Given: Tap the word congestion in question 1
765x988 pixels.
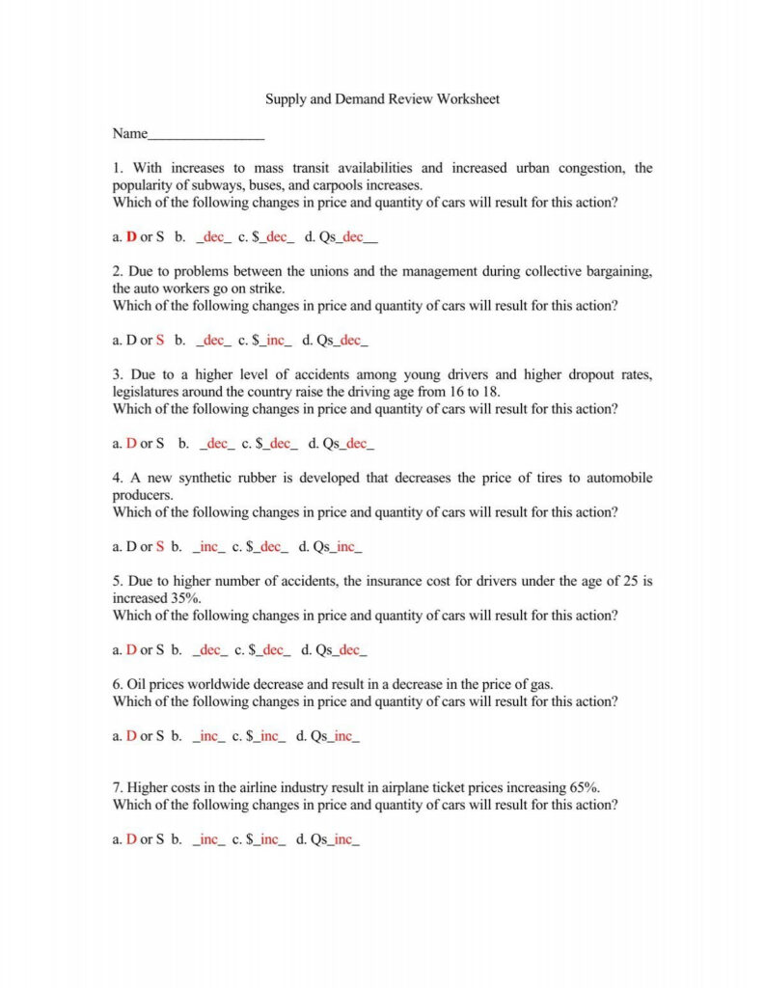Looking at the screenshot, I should click(593, 168).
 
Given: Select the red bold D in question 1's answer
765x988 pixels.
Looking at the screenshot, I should click(131, 236).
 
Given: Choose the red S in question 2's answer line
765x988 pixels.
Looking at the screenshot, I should click(160, 340).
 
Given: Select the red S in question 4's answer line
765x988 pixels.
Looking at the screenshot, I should click(160, 547).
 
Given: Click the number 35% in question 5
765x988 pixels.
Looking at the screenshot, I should click(185, 598).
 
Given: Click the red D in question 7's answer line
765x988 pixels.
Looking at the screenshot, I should click(131, 839).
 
